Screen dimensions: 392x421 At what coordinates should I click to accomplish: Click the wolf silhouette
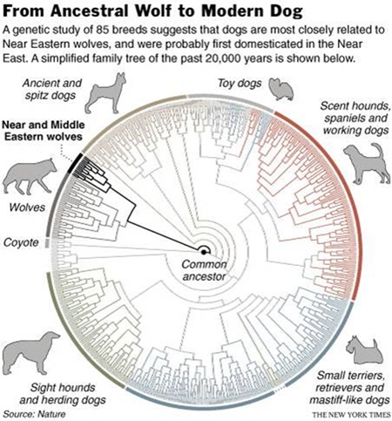pyautogui.click(x=28, y=177)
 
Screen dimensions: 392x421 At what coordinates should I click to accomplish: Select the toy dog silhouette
pyautogui.click(x=281, y=89)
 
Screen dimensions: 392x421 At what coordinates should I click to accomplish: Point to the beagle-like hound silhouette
pyautogui.click(x=367, y=164)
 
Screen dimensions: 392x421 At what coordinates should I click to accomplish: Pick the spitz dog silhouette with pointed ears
pyautogui.click(x=105, y=93)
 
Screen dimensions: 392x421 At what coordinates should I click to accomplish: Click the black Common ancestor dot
pyautogui.click(x=204, y=252)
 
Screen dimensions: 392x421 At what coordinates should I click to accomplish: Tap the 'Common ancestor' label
pyautogui.click(x=204, y=270)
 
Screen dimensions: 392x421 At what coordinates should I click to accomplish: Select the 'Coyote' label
pyautogui.click(x=21, y=242)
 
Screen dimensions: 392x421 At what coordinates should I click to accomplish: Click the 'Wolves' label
pyautogui.click(x=27, y=207)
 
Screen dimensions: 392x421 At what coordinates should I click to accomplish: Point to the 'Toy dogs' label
pyautogui.click(x=240, y=84)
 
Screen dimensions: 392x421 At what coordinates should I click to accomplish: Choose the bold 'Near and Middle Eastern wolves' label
pyautogui.click(x=44, y=131)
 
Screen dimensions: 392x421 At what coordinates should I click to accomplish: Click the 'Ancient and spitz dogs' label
pyautogui.click(x=52, y=89)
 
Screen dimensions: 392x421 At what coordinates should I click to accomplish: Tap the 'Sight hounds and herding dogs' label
pyautogui.click(x=63, y=394)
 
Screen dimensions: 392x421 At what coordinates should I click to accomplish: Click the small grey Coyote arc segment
pyautogui.click(x=47, y=243)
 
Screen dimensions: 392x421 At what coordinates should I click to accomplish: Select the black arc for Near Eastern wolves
pyautogui.click(x=75, y=163)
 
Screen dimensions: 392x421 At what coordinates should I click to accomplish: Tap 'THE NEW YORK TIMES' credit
pyautogui.click(x=351, y=414)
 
